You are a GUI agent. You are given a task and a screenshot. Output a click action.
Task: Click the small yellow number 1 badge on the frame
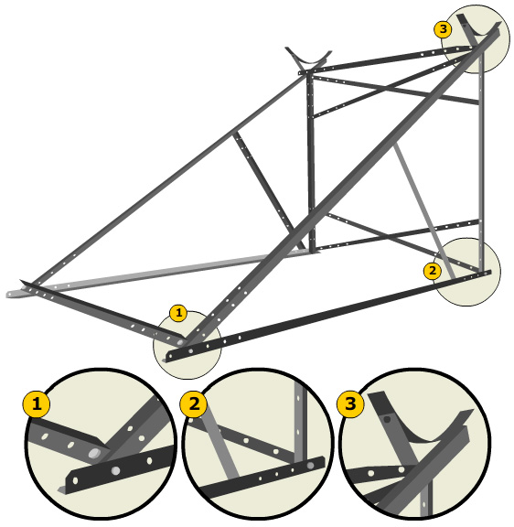click(x=178, y=313)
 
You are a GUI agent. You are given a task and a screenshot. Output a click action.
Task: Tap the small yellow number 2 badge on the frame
click(x=433, y=271)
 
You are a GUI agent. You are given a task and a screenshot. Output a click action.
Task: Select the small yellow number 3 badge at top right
click(x=443, y=29)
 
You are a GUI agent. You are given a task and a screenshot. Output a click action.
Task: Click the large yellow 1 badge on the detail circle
click(x=37, y=403)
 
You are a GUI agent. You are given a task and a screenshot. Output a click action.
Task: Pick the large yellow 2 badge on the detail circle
click(x=194, y=403)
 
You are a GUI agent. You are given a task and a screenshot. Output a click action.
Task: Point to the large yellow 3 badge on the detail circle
click(x=350, y=403)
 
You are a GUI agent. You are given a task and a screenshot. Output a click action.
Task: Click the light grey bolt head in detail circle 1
click(x=94, y=454)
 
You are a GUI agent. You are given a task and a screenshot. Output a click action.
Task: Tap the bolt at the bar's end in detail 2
click(x=310, y=466)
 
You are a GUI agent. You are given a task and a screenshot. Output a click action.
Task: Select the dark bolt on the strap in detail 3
click(x=387, y=419)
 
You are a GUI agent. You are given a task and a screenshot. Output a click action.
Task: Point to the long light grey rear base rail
click(x=158, y=273)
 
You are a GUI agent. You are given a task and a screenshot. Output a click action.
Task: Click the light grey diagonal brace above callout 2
click(x=424, y=210)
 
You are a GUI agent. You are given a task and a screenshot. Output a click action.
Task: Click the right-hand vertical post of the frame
click(x=481, y=161)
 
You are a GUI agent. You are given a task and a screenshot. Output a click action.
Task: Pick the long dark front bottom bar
click(x=328, y=315)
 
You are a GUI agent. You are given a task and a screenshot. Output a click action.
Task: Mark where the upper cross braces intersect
click(x=387, y=89)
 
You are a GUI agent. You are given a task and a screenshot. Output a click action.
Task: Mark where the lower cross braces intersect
click(x=389, y=235)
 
